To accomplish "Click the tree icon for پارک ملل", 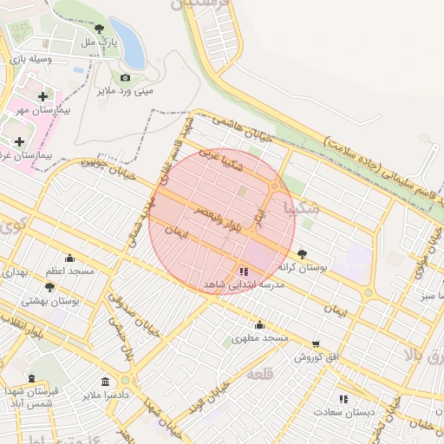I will coord(99,29).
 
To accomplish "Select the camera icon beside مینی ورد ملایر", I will coord(125,78).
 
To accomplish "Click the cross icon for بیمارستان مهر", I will coord(43,96).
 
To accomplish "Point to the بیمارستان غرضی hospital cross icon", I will coord(19,140).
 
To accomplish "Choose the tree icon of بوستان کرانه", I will coord(302,254).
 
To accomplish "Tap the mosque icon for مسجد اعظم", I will coord(70,258).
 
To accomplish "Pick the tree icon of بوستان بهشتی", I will coord(49,287).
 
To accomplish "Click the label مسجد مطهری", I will coord(259,336).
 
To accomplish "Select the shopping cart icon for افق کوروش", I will coord(315,344).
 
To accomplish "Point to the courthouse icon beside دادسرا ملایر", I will coord(105,382).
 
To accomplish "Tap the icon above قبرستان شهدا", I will coord(32,378).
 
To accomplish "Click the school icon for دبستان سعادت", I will coord(344,399).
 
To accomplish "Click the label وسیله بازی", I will coord(31,60).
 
